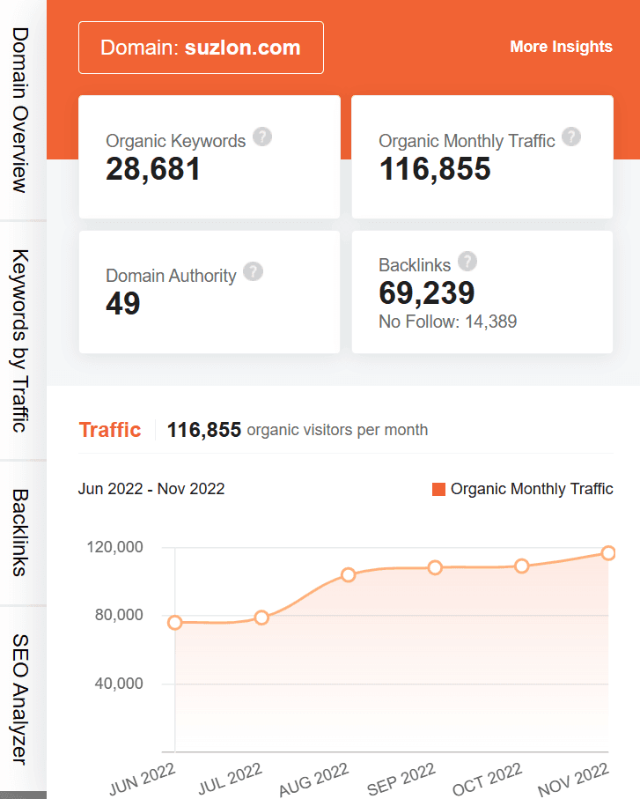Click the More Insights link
click(561, 47)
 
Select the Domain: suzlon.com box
click(201, 48)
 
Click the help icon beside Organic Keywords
click(262, 137)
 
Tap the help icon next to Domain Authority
click(254, 272)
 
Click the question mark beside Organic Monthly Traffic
click(572, 137)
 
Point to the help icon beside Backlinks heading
click(467, 262)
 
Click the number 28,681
click(153, 169)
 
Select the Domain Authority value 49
click(123, 304)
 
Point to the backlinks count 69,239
click(427, 293)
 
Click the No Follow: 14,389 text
click(448, 322)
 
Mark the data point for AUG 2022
click(349, 575)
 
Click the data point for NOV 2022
click(608, 553)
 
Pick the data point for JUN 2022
click(175, 623)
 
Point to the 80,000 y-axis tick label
click(117, 615)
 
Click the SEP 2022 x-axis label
click(401, 778)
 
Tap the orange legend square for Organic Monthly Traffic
click(439, 489)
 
